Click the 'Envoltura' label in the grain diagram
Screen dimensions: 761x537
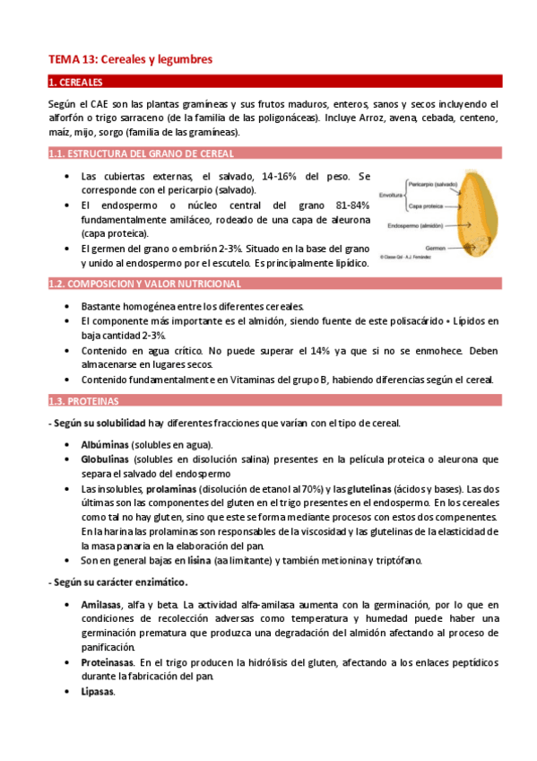pyautogui.click(x=391, y=194)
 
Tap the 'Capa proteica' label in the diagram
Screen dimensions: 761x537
pyautogui.click(x=424, y=205)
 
